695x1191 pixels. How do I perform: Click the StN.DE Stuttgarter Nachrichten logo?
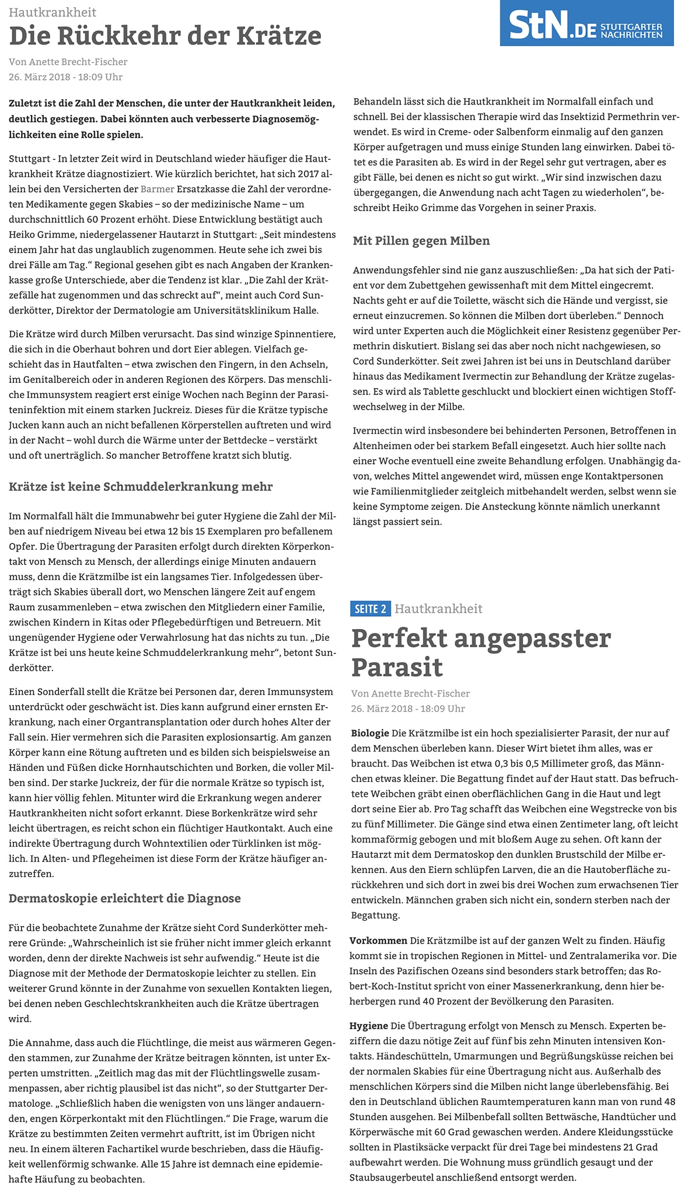[586, 24]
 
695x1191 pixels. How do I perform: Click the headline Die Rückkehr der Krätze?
[165, 36]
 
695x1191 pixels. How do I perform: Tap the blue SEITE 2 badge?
[371, 609]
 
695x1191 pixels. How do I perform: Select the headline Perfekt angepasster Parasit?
[481, 652]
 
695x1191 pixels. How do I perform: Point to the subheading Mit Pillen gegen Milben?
[421, 241]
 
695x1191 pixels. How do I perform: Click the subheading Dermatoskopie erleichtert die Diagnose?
[125, 898]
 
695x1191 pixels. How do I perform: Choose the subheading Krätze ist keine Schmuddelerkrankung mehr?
[141, 487]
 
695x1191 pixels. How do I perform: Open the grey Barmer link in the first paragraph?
[158, 189]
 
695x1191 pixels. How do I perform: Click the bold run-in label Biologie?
[370, 733]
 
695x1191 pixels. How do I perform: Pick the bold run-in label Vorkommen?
[378, 941]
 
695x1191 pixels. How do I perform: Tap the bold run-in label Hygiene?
[369, 1026]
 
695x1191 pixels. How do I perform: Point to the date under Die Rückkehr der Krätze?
[65, 77]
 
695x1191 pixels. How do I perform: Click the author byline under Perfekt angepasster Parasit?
[410, 693]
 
